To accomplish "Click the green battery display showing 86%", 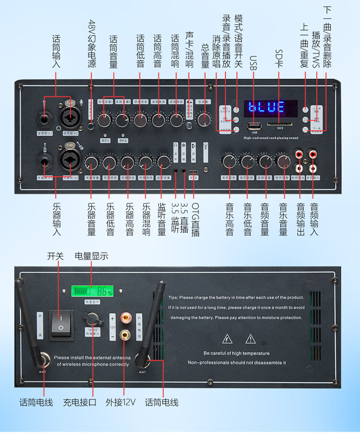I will click(x=93, y=292).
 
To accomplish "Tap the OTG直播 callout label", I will click(x=195, y=219).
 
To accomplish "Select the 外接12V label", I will click(x=120, y=402).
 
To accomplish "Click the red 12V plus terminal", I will click(x=126, y=317).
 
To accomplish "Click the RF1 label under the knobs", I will click(x=105, y=140).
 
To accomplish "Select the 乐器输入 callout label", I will click(x=57, y=218).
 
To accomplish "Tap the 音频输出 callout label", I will click(x=300, y=219).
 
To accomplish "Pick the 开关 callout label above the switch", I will click(x=55, y=256).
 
